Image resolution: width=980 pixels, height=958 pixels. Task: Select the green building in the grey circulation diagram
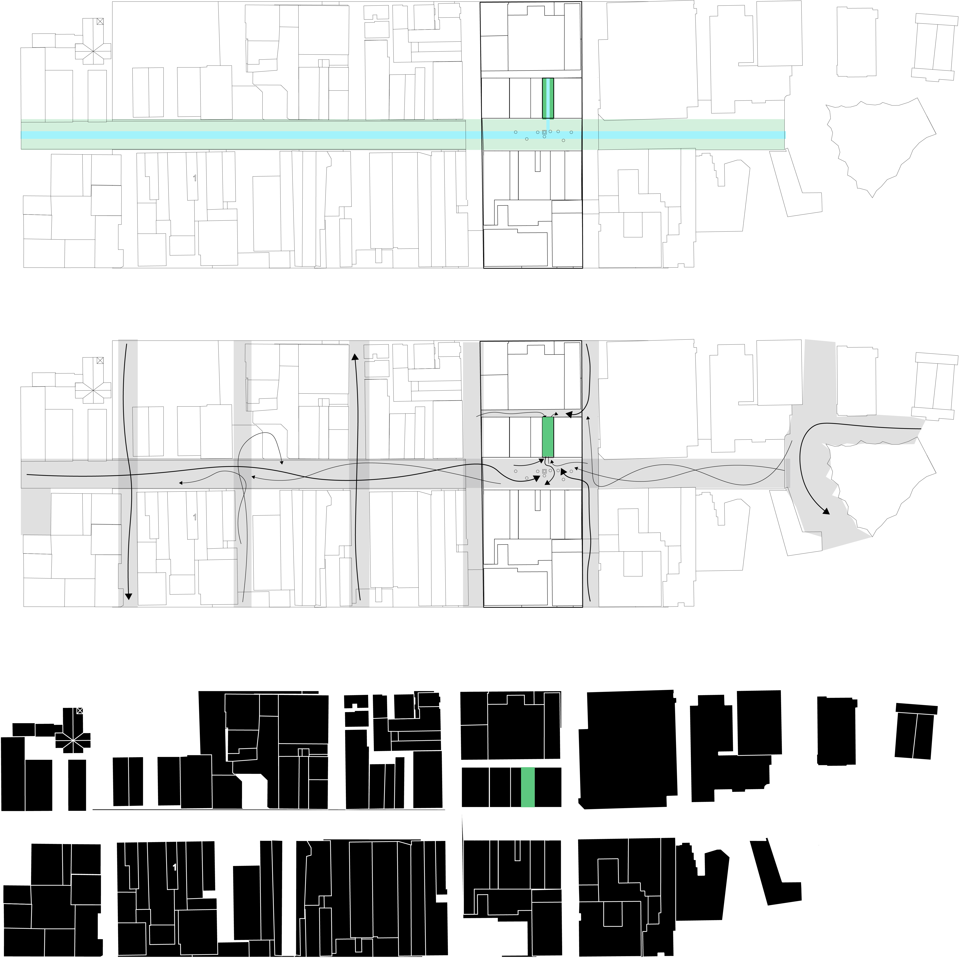click(548, 437)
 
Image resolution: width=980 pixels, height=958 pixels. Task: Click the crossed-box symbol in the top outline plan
click(100, 21)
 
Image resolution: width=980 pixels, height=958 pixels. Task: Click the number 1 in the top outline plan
click(195, 178)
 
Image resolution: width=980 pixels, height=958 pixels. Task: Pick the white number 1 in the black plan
click(174, 867)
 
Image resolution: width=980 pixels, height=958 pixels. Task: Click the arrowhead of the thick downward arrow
click(128, 597)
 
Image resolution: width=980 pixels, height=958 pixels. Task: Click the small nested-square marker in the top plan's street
click(544, 132)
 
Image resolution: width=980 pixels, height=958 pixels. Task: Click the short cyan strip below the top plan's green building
click(548, 125)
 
